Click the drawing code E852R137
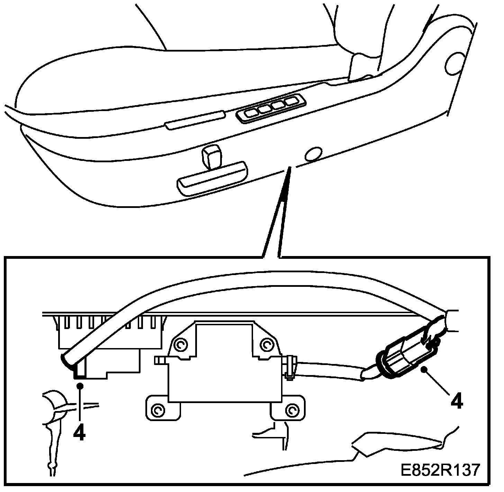coord(440,470)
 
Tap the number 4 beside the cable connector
coord(457,402)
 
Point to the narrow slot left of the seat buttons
coord(196,120)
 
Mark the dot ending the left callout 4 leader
coord(80,385)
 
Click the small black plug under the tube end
coord(79,373)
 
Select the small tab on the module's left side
coord(160,361)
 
